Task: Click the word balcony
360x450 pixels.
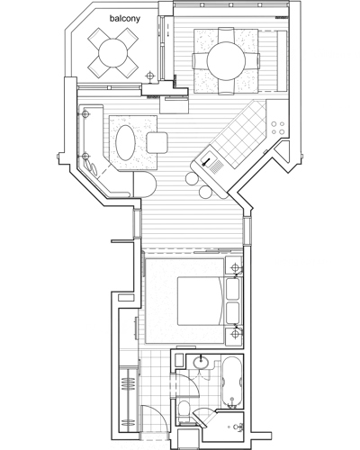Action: point(125,19)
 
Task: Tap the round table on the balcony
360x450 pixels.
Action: point(113,53)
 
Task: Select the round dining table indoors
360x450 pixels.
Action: point(227,60)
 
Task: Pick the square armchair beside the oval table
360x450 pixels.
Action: point(157,142)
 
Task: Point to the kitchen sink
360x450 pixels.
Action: point(212,163)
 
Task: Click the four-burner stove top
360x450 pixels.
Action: point(278,128)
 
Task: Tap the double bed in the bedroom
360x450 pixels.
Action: point(201,301)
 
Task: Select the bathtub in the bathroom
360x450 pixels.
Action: point(231,382)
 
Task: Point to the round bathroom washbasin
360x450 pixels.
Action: point(201,362)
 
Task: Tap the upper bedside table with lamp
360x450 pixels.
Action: point(234,265)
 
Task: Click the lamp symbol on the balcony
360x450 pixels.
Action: point(150,76)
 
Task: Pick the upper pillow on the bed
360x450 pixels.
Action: point(232,289)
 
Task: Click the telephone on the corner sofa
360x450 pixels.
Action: point(91,166)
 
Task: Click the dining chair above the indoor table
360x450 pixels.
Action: point(226,35)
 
